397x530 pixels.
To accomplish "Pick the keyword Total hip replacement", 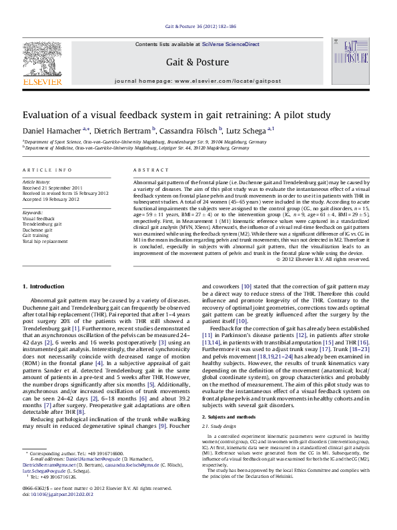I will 45,242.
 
